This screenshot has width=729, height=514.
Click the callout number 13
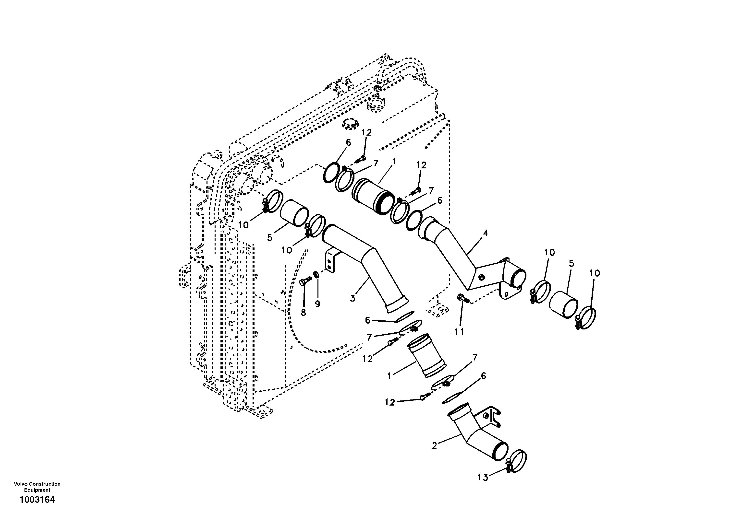pos(483,477)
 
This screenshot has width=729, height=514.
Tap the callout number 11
pos(459,332)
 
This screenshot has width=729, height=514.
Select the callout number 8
pos(303,313)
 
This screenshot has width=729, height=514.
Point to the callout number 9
pos(317,304)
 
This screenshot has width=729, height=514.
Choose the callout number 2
pos(434,446)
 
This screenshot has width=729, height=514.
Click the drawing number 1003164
pos(37,500)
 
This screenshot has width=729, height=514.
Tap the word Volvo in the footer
pos(20,484)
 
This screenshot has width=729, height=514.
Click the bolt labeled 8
pos(303,281)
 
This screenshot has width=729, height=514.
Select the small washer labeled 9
pos(316,274)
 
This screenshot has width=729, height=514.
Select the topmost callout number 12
pos(366,132)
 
